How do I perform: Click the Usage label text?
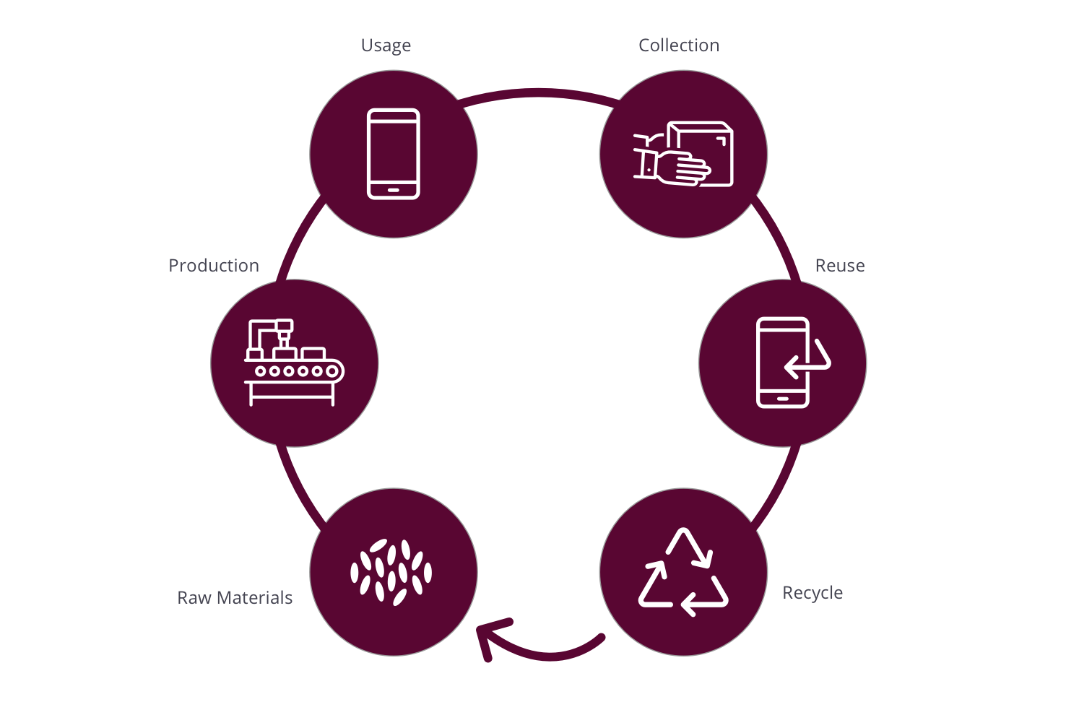point(386,45)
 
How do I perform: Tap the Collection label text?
point(678,45)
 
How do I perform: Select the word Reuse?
point(839,266)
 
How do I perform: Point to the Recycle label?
point(812,593)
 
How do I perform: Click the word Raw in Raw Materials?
point(194,598)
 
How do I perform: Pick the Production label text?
point(214,266)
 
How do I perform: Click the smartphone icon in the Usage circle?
point(394,154)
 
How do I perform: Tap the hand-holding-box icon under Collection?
point(683,154)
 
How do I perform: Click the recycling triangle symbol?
point(683,573)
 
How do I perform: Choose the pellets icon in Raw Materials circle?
point(391,572)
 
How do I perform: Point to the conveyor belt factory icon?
point(294,363)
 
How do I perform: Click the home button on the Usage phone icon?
point(394,190)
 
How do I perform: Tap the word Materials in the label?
point(255,598)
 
